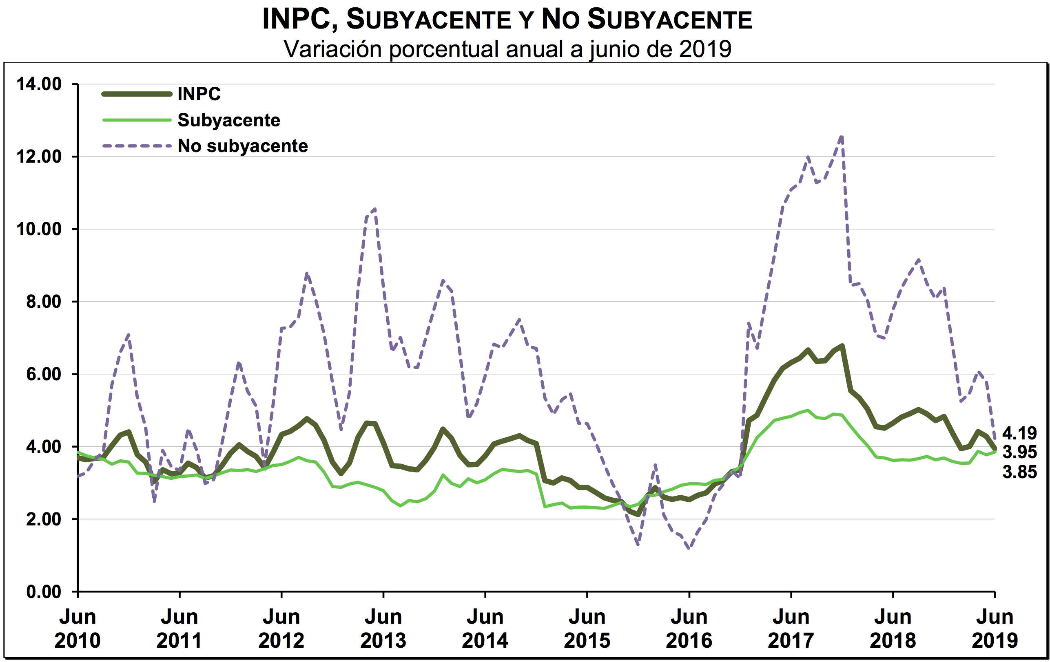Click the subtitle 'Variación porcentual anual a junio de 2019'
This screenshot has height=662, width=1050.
click(x=507, y=49)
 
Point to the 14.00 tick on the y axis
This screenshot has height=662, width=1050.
click(x=39, y=84)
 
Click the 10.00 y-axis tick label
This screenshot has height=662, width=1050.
click(x=39, y=229)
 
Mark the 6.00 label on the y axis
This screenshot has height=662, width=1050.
click(x=44, y=374)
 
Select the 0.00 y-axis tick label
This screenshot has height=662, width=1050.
click(x=44, y=592)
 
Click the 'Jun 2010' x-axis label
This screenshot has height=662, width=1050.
click(x=78, y=629)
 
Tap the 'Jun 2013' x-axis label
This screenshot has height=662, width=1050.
click(x=383, y=629)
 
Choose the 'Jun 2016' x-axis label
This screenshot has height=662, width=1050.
click(x=689, y=629)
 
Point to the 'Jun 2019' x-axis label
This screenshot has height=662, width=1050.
click(x=995, y=629)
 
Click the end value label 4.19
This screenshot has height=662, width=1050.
click(x=1019, y=433)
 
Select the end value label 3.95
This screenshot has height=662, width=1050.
click(x=1019, y=452)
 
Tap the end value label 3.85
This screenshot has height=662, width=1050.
click(x=1019, y=472)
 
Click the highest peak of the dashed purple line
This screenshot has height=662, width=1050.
click(x=842, y=137)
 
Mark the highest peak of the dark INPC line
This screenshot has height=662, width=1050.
click(x=842, y=346)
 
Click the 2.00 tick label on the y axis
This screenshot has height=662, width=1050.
click(x=44, y=519)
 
